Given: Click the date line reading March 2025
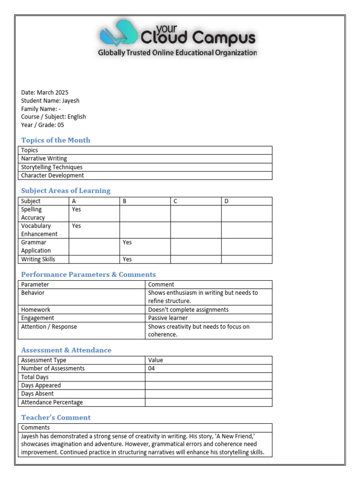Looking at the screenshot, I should click(45, 92).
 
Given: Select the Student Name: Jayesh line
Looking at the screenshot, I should click(50, 101).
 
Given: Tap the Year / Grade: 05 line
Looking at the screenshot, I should click(43, 125).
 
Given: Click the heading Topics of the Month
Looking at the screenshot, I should click(56, 140).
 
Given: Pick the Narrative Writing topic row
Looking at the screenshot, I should click(44, 158).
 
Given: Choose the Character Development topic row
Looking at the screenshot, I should click(52, 175).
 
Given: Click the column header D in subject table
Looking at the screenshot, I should click(226, 201).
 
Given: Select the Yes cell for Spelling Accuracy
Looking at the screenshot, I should click(76, 210).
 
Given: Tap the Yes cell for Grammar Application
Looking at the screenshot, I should click(127, 242).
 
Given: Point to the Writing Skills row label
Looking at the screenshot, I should click(38, 259).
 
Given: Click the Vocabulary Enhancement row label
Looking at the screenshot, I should click(39, 230).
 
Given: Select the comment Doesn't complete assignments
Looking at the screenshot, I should click(188, 309).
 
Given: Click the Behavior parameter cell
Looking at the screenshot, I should click(33, 292).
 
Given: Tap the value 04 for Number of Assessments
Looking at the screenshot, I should click(151, 368).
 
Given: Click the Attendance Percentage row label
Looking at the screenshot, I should click(52, 402).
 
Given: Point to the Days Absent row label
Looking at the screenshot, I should click(37, 394).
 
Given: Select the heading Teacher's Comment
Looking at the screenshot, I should click(56, 418).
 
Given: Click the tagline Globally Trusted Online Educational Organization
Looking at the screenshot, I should click(177, 53).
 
